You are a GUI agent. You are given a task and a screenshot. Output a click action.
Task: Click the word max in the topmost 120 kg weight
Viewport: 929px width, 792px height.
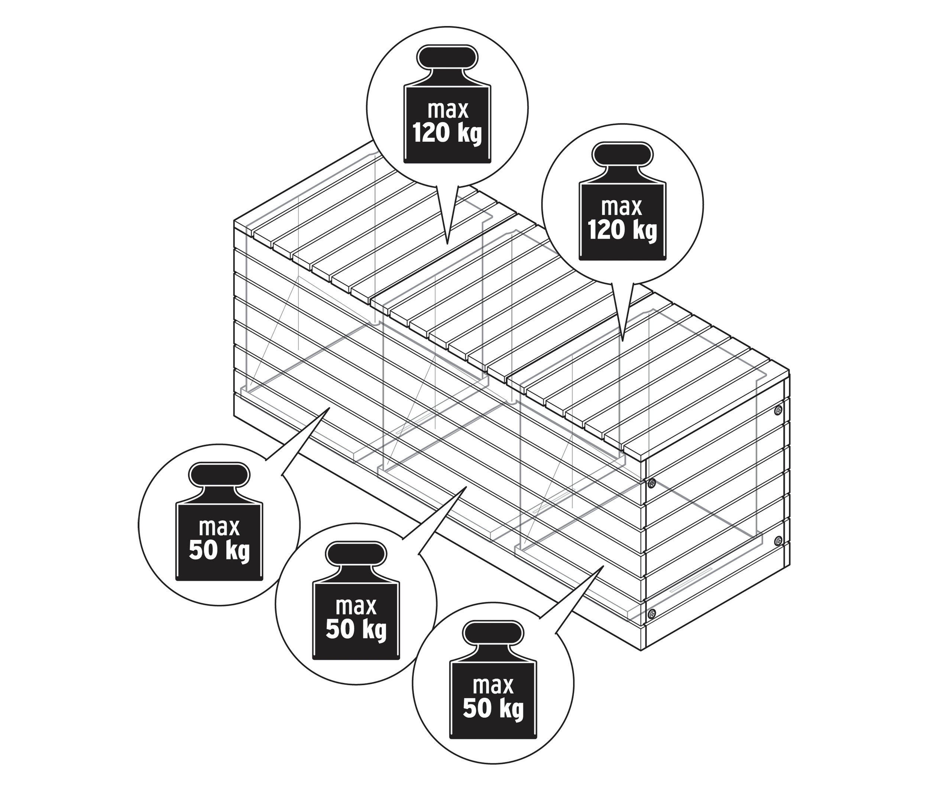(x=448, y=110)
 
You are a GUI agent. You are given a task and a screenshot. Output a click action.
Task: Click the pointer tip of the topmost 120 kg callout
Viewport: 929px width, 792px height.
(x=447, y=244)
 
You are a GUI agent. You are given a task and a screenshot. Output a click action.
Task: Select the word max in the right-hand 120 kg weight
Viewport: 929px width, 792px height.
(x=622, y=208)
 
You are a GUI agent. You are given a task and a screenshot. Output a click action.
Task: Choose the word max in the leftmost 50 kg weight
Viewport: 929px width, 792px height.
(x=219, y=528)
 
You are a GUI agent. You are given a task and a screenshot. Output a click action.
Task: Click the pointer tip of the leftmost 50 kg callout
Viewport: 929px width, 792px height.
(x=330, y=408)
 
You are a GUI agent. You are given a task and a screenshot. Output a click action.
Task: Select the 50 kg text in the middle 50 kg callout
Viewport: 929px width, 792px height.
(x=356, y=629)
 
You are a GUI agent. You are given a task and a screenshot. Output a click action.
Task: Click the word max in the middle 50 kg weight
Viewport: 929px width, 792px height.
(x=356, y=607)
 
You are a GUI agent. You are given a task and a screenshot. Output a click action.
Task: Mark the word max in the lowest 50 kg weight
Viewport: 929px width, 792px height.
(x=493, y=686)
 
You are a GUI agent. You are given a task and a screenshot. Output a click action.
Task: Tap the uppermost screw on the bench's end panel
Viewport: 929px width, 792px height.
(x=778, y=410)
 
